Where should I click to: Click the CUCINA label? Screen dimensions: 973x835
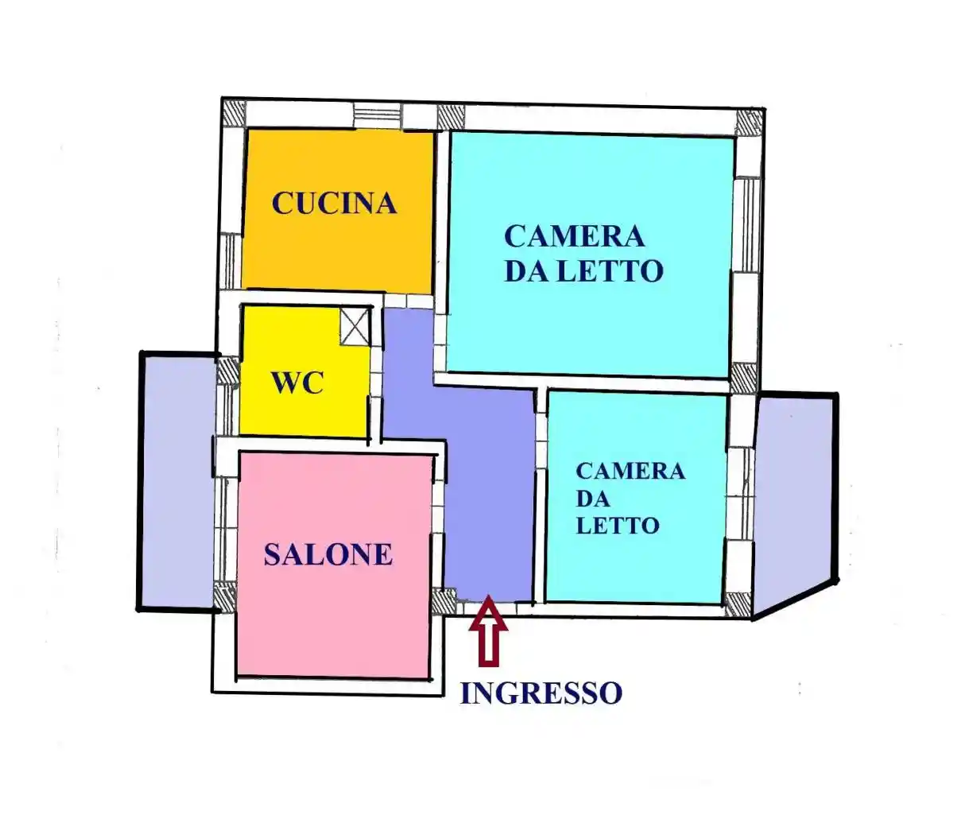334,204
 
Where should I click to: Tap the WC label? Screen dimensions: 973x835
298,383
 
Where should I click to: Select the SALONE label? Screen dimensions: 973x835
328,555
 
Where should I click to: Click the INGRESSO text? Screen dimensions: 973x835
541,693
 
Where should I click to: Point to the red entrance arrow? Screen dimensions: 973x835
487,631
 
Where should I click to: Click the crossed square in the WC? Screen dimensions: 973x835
355,326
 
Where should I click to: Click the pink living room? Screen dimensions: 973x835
334,620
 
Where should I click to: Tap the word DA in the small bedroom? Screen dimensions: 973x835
593,499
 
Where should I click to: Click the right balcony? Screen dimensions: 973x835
793,501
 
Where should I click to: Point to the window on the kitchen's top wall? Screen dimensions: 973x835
378,115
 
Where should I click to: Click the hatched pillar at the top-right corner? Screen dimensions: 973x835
749,122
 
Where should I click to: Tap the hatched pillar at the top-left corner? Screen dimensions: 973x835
234,114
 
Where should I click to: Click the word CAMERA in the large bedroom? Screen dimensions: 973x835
574,236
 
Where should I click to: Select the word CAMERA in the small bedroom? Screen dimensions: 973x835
630,472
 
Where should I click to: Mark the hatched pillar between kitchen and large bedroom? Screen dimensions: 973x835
451,117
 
